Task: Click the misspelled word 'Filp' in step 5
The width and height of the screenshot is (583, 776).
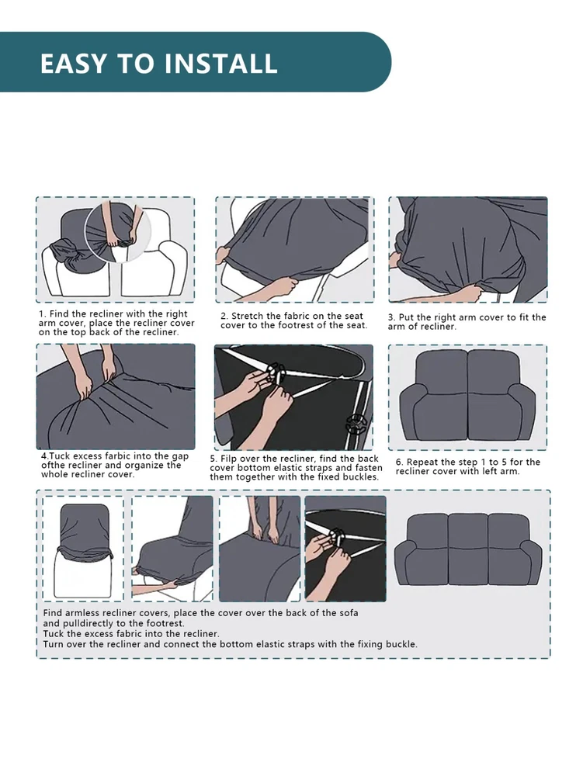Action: coord(229,459)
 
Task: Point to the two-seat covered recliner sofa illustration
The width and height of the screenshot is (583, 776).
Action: coord(467,396)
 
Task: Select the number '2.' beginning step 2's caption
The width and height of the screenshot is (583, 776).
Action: coord(224,317)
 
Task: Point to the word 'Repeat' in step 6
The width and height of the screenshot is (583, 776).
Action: coord(422,462)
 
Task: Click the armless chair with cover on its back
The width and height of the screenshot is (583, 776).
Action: coord(83,550)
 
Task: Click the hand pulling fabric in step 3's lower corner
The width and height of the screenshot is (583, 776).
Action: coord(466,293)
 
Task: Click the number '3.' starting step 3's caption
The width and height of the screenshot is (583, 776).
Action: coord(392,317)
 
